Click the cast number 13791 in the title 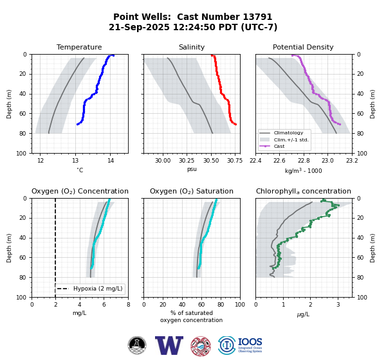[x=257, y=17]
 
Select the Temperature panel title [x=79, y=47]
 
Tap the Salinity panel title [x=192, y=47]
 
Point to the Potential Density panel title [x=303, y=47]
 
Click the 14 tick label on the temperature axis [x=111, y=161]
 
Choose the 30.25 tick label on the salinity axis [x=187, y=161]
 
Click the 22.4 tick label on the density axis [x=255, y=161]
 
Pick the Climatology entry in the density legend [x=288, y=133]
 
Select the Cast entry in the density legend [x=279, y=146]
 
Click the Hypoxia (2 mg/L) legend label [x=98, y=289]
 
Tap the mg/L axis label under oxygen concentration [x=80, y=313]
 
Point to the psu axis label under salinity [x=192, y=169]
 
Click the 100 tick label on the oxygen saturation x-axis [x=240, y=305]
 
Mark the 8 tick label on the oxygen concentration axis [x=128, y=305]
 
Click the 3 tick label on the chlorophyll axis [x=338, y=305]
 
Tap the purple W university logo [x=169, y=345]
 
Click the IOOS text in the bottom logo [x=250, y=342]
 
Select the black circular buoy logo [x=137, y=345]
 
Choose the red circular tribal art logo [x=201, y=346]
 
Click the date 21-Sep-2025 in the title [x=139, y=27]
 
